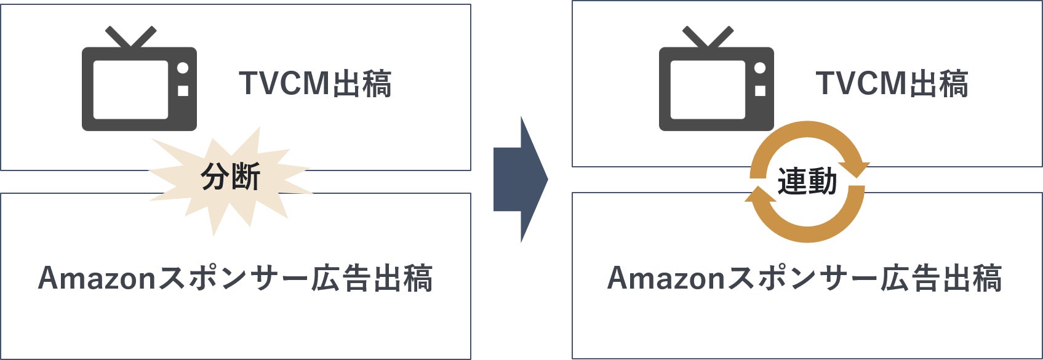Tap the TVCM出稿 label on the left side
[315, 84]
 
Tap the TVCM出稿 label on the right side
[892, 84]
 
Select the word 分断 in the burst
[231, 178]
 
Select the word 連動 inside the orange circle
[807, 182]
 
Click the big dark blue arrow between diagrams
[520, 180]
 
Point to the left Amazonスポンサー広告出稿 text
[236, 278]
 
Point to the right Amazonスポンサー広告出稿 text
[805, 278]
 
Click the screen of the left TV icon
[130, 89]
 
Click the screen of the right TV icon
[708, 89]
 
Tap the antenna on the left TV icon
[130, 37]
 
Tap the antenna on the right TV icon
[708, 37]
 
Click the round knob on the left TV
[183, 68]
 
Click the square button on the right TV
[760, 90]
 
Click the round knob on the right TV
[760, 68]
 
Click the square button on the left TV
[183, 90]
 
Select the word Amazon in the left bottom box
[98, 278]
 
